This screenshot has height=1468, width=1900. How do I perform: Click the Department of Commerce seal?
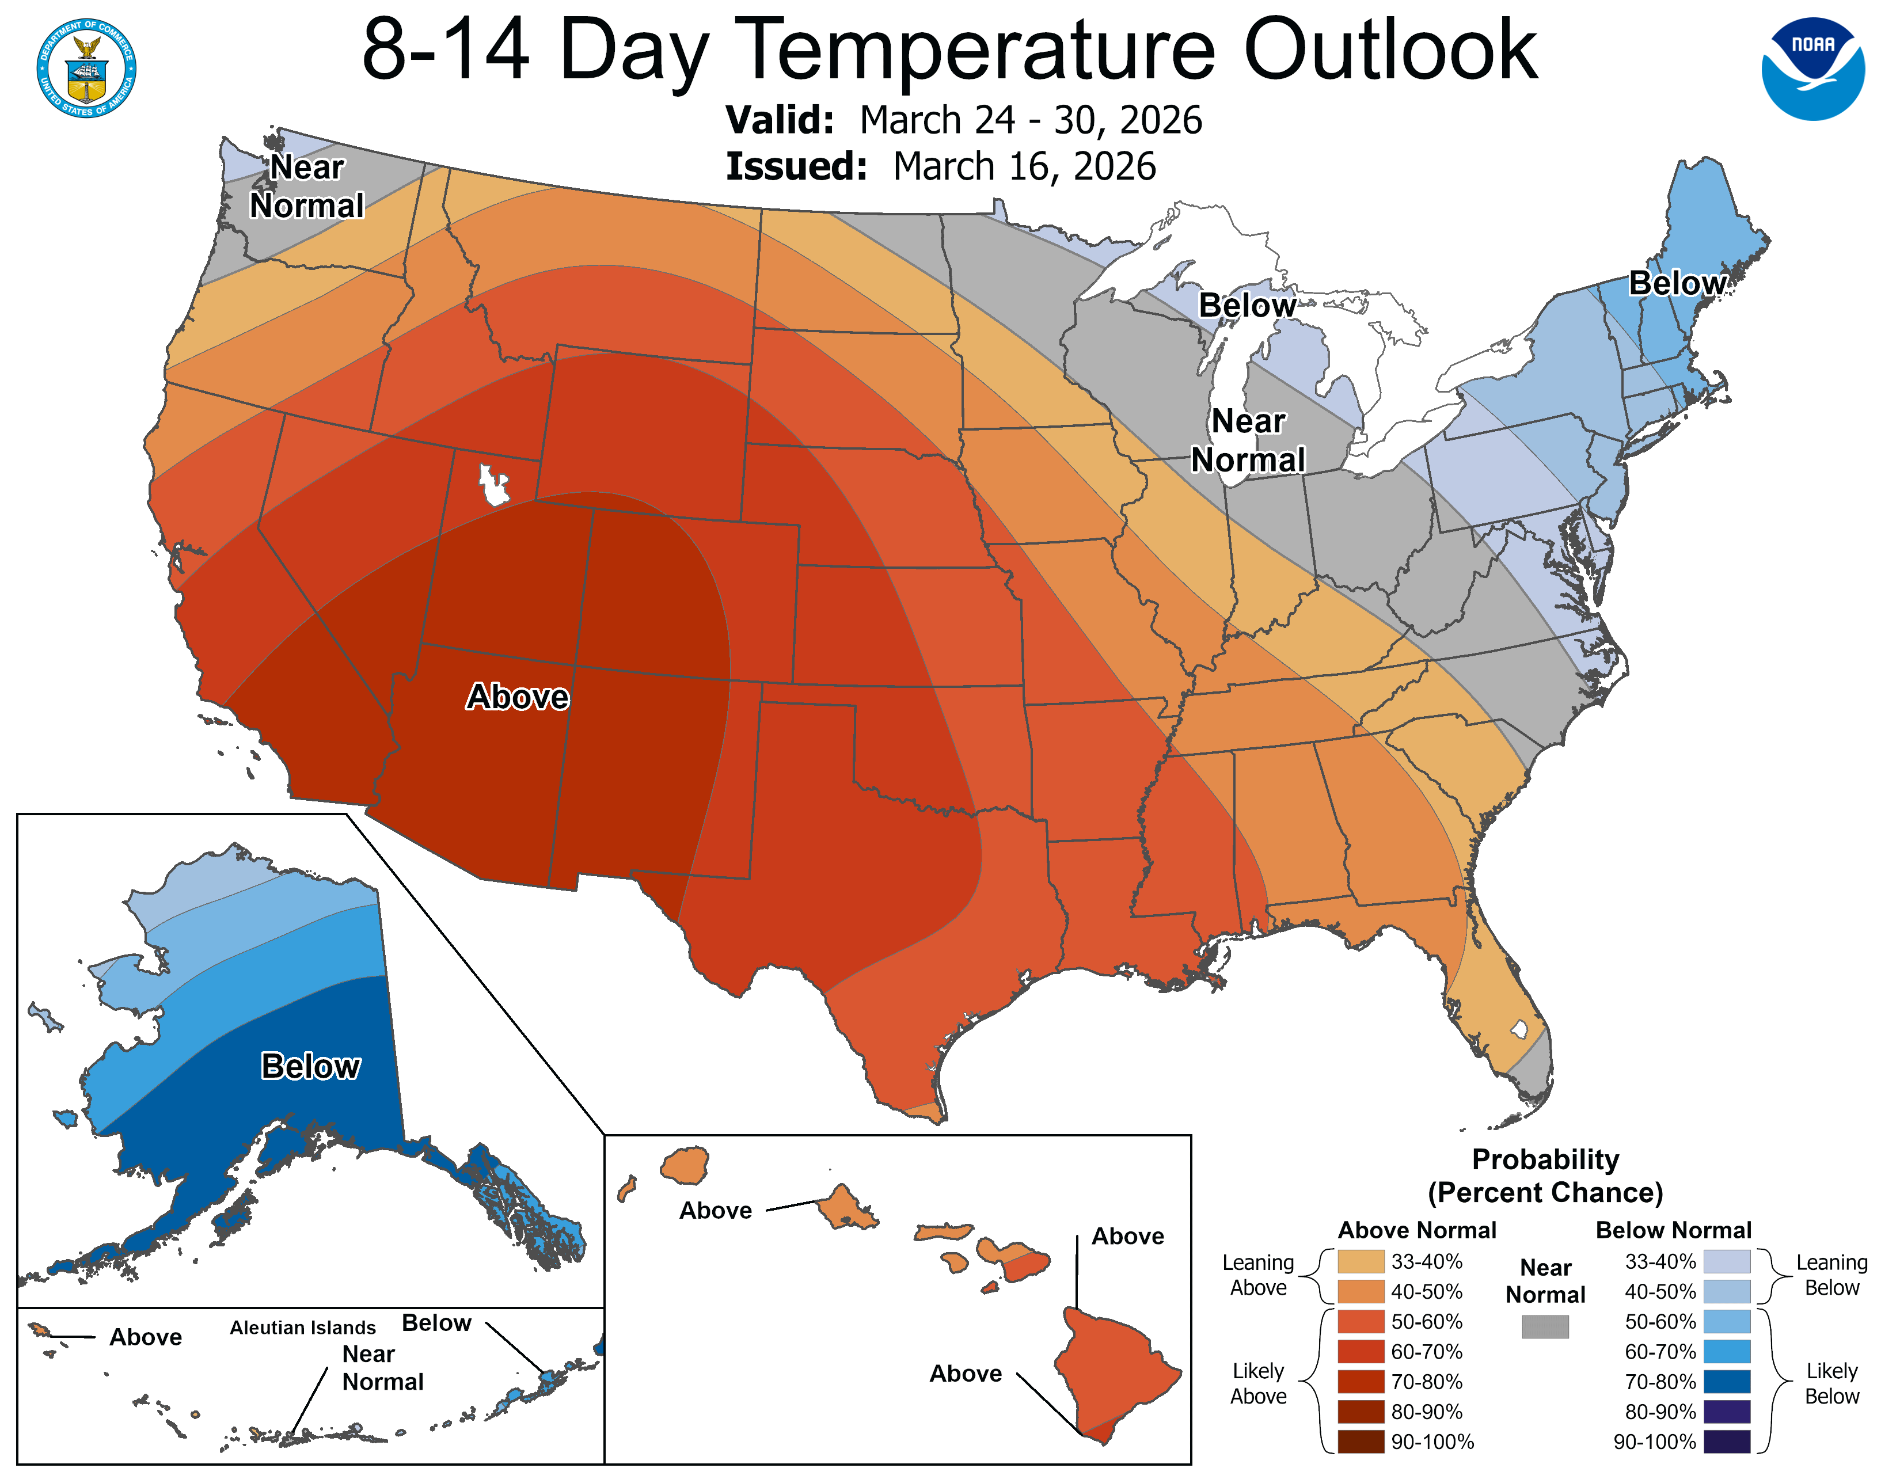(86, 68)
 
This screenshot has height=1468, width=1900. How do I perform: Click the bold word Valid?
(780, 120)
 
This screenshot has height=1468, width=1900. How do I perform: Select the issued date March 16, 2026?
(1024, 166)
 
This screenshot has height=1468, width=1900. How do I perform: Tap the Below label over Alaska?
(310, 1066)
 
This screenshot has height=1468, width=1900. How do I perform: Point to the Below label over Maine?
(1677, 283)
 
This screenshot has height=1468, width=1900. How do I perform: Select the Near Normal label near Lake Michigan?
(1248, 440)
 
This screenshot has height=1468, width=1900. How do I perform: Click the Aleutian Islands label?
(303, 1327)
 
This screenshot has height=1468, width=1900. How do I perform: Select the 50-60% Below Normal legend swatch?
(1726, 1321)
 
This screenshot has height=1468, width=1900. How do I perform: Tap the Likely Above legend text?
(1258, 1383)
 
